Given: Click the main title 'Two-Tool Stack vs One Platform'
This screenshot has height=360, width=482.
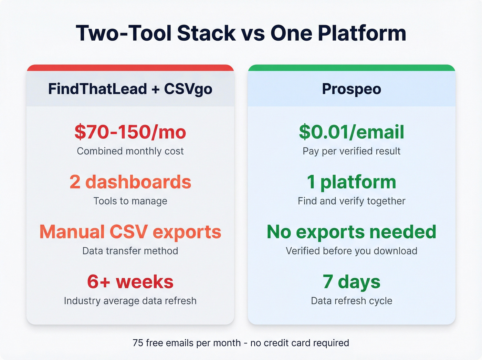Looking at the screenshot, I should (x=241, y=33).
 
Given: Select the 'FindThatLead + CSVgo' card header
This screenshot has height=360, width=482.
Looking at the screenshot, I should (x=130, y=89).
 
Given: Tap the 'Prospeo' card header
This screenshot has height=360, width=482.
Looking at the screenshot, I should (x=352, y=89).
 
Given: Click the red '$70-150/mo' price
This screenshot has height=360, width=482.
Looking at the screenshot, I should (x=130, y=132).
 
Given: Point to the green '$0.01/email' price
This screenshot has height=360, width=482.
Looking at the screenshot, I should (x=352, y=132).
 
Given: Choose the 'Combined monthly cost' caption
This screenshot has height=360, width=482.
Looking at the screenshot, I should (x=130, y=151).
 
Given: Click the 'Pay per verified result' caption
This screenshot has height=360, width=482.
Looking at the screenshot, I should (x=352, y=151).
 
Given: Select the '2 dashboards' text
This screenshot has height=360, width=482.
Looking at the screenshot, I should (x=130, y=182).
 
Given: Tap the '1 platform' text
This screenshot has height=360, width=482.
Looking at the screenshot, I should (x=352, y=182).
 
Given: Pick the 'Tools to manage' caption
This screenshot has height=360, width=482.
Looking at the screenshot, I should (x=130, y=201).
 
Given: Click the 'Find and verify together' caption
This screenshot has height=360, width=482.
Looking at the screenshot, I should (x=352, y=201).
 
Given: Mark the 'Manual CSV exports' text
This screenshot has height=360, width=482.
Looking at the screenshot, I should (x=130, y=232).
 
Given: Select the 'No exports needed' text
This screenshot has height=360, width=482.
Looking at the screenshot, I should (x=352, y=232).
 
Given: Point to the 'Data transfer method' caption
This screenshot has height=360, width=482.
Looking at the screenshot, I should (x=130, y=251).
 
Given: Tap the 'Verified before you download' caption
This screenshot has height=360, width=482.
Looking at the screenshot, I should (x=352, y=251).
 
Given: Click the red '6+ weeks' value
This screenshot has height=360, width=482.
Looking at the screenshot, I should (x=130, y=282).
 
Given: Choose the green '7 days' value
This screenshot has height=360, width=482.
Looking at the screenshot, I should (x=352, y=282).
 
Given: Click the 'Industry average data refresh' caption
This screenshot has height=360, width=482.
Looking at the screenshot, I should (x=130, y=301).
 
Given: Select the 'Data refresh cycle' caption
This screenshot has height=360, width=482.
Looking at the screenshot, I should (x=352, y=301).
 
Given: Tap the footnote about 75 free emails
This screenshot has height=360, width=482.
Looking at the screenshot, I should (x=241, y=343).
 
